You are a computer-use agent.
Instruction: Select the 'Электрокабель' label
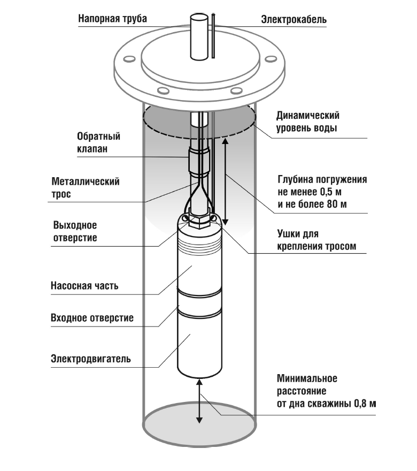tap(294, 19)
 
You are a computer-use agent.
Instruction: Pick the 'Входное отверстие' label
tap(92, 318)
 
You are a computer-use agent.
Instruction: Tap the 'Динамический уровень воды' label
tap(307, 121)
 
